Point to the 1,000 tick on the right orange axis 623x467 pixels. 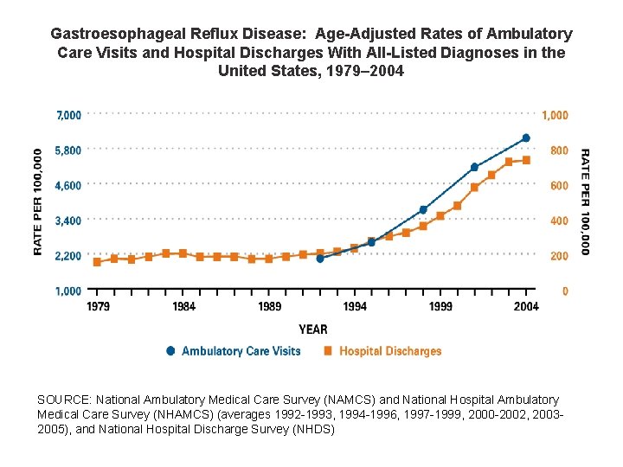555,115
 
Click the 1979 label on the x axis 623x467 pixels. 98,307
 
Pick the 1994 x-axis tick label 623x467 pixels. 354,307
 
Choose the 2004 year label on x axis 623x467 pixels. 525,307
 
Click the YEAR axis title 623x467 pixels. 312,329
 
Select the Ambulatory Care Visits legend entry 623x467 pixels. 233,351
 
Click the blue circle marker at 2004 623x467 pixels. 525,138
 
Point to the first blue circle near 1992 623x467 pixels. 320,258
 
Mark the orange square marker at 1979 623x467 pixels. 97,262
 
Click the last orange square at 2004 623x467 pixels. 525,160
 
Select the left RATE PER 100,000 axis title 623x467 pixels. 38,202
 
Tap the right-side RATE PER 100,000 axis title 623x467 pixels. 585,202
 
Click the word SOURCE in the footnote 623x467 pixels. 64,400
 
